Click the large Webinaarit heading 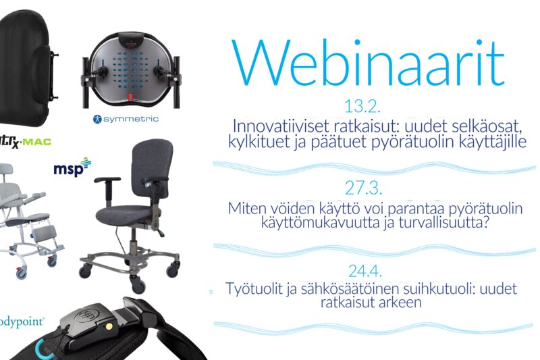(x=368, y=63)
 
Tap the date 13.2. (x=362, y=107)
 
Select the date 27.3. (x=363, y=188)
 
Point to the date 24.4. (x=364, y=271)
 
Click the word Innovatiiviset (x=281, y=126)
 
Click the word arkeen (x=400, y=303)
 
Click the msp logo (x=72, y=168)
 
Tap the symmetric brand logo (x=126, y=119)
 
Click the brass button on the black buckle (x=109, y=325)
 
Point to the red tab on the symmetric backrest (x=130, y=97)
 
